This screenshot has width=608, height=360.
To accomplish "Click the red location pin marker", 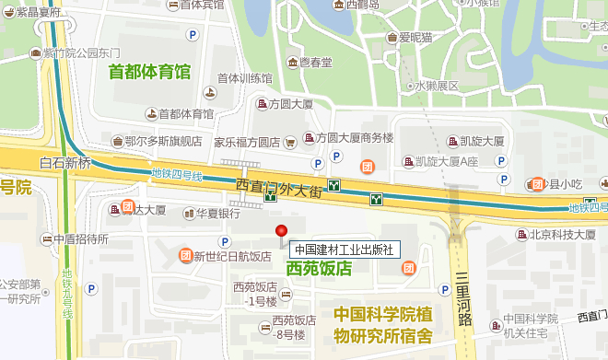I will [x=282, y=231].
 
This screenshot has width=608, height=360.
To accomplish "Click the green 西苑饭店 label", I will [x=320, y=269].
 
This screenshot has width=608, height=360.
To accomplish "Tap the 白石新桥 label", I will [x=65, y=163].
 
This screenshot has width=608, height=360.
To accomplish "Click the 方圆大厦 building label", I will [x=293, y=104].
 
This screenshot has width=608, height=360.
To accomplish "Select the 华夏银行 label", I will [x=217, y=213].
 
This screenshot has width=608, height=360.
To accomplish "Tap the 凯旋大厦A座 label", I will [x=448, y=161].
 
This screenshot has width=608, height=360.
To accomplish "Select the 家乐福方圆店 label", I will [x=247, y=143].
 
